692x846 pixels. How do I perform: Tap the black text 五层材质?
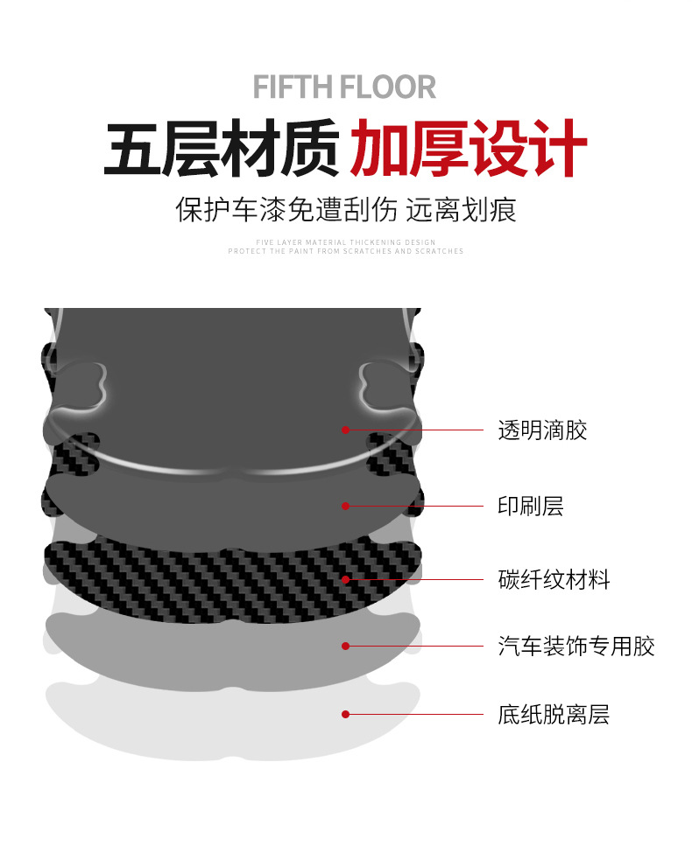(x=222, y=150)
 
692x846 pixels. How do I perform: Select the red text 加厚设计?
(x=468, y=150)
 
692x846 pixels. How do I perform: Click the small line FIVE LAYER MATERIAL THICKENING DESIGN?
(x=346, y=242)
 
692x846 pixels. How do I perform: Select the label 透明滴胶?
(x=542, y=430)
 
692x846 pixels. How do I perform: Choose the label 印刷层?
(x=530, y=506)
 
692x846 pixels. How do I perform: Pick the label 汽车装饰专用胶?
(x=576, y=647)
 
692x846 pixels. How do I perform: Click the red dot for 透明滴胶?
(x=346, y=430)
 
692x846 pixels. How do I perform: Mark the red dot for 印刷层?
(x=346, y=506)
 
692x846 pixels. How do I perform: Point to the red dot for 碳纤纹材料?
(x=346, y=579)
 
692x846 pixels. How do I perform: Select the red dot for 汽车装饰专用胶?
(x=346, y=646)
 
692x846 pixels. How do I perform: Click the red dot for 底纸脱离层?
(x=346, y=714)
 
